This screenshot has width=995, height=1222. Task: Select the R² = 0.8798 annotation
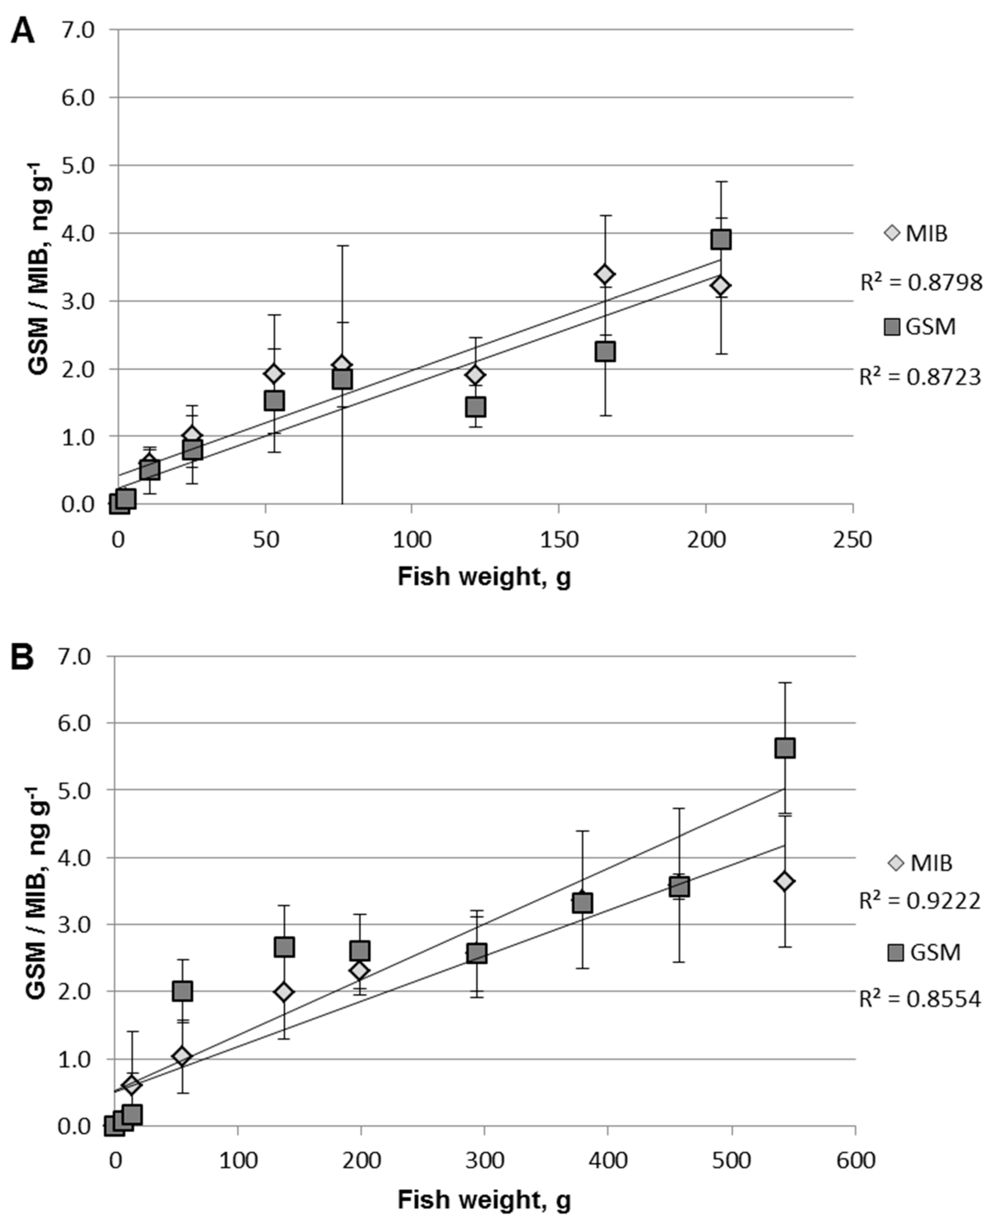(x=921, y=283)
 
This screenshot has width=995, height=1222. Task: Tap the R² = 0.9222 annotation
(x=920, y=901)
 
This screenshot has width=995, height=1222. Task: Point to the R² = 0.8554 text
(x=920, y=1000)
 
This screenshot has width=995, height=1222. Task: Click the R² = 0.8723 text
(x=920, y=378)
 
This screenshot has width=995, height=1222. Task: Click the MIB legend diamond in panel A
(x=893, y=233)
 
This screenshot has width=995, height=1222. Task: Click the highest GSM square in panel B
(x=785, y=748)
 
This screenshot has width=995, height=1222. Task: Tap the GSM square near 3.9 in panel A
(x=721, y=239)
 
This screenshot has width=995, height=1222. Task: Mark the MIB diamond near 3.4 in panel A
(x=605, y=274)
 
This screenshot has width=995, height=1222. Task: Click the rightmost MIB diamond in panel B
(x=785, y=881)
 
